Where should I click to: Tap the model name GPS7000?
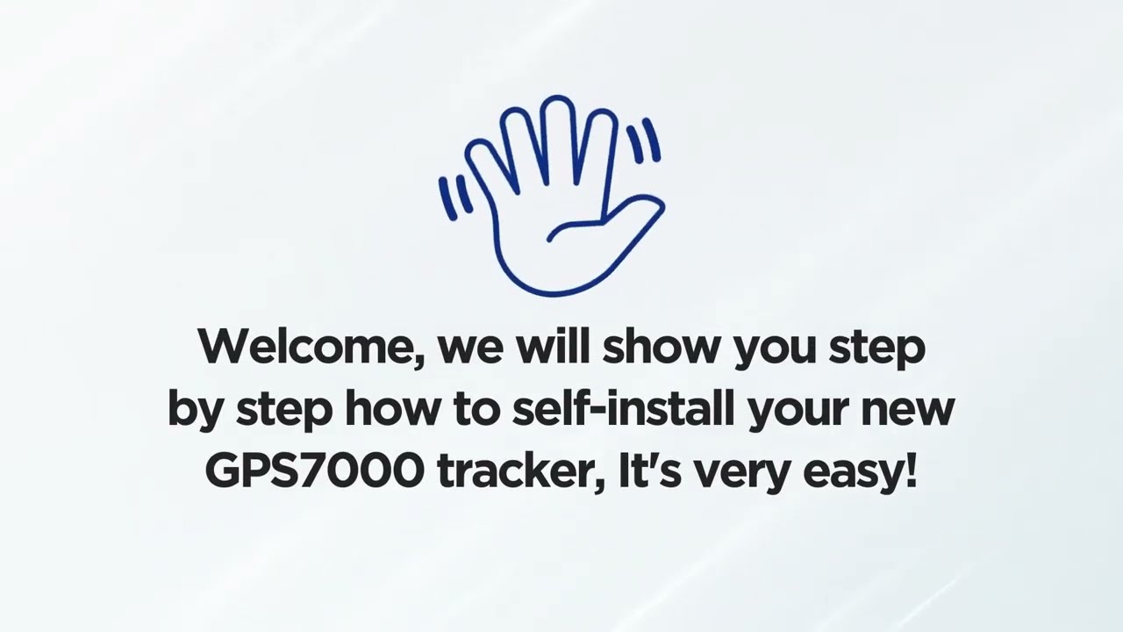pyautogui.click(x=314, y=471)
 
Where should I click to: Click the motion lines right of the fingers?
pyautogui.click(x=645, y=140)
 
